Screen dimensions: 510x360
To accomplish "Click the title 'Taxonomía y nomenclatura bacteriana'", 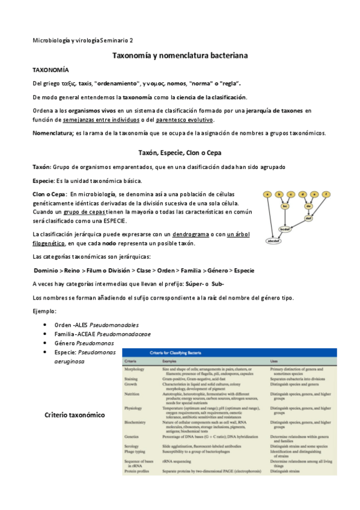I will pyautogui.click(x=180, y=55).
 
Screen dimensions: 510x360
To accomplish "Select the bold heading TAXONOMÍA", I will pyautogui.click(x=50, y=70).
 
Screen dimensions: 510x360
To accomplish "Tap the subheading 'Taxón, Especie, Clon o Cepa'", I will pyautogui.click(x=180, y=153).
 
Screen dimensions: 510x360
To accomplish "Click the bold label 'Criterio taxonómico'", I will pyautogui.click(x=75, y=415).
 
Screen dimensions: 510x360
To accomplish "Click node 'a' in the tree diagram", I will pyautogui.click(x=266, y=194).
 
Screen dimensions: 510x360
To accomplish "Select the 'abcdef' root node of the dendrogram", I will pyautogui.click(x=275, y=241).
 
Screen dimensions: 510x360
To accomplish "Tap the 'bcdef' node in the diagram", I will pyautogui.click(x=285, y=229).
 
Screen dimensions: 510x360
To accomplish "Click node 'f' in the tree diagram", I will pyautogui.click(x=326, y=194).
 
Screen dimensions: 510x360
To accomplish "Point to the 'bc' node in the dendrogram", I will pyautogui.click(x=285, y=206).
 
